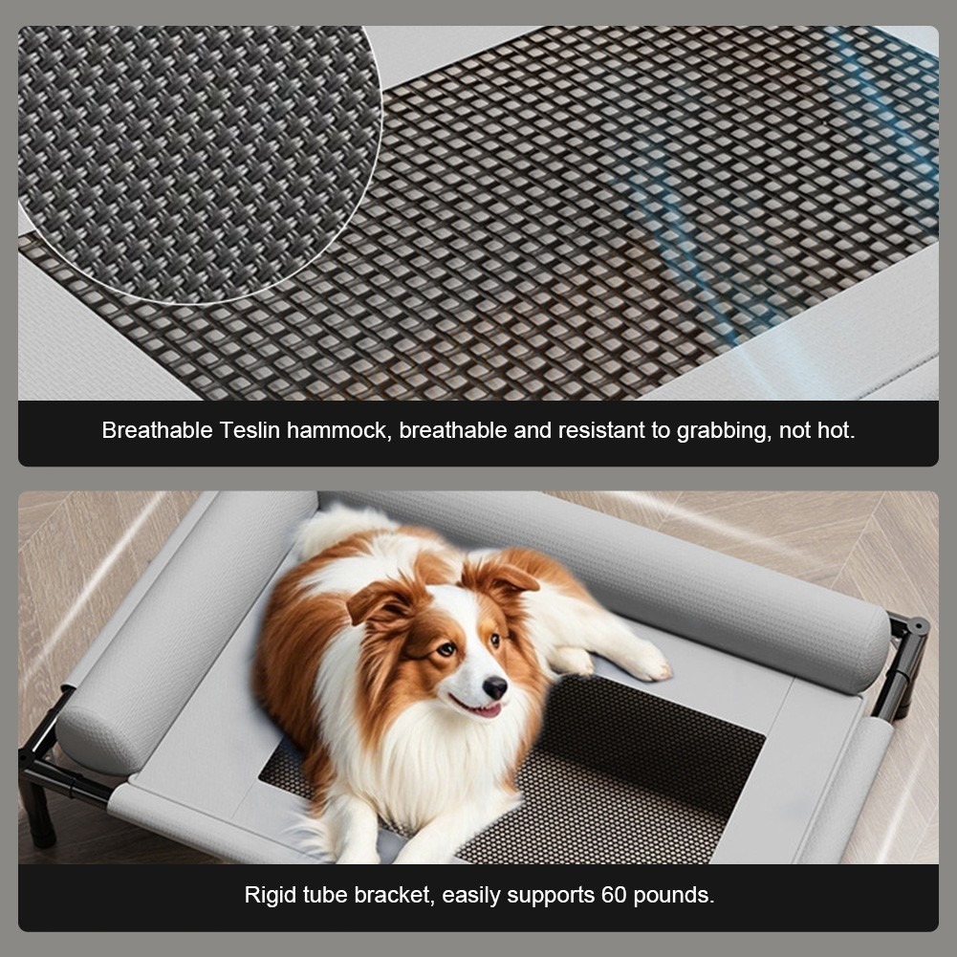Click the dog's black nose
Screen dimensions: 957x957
point(495,687)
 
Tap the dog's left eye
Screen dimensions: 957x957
point(446,649)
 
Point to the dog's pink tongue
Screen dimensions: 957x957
point(488,709)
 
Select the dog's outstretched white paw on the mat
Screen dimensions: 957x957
point(647,663)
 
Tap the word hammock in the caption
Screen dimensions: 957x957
point(339,430)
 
